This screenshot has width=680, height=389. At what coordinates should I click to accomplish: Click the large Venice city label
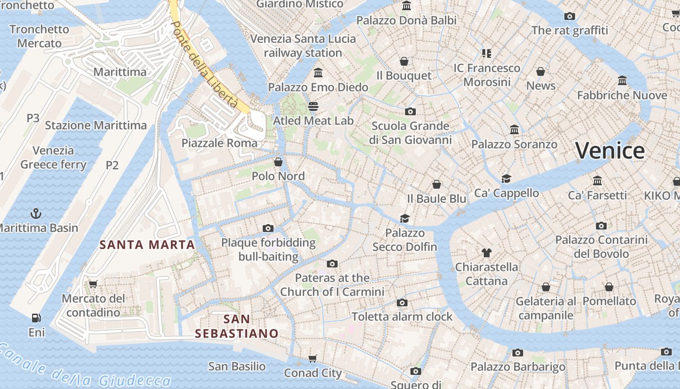610,150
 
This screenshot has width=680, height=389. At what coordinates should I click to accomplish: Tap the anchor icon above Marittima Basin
35,213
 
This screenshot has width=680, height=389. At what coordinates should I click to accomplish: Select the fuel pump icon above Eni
36,318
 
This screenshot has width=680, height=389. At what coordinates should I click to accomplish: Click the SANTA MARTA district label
147,245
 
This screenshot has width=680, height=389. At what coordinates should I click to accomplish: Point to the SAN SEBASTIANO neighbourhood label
237,326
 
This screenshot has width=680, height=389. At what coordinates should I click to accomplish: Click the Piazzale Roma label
220,143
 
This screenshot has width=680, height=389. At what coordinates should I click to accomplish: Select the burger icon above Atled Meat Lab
313,106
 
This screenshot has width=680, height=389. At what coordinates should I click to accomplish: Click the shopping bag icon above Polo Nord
278,161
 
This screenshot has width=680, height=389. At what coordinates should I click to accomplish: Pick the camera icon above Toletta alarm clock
402,302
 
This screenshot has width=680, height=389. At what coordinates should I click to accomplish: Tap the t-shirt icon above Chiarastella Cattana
487,252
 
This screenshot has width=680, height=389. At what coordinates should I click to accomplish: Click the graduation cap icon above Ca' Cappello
507,178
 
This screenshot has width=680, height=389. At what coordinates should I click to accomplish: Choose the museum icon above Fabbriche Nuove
622,80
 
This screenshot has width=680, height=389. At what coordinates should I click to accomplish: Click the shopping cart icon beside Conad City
313,359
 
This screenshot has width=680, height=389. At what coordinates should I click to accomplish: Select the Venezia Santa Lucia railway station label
303,46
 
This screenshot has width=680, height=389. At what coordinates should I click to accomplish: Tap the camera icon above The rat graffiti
570,16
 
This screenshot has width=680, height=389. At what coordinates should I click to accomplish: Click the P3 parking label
33,118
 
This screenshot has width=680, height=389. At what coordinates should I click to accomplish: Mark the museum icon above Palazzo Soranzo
514,130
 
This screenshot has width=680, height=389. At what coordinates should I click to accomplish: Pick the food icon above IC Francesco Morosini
487,53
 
